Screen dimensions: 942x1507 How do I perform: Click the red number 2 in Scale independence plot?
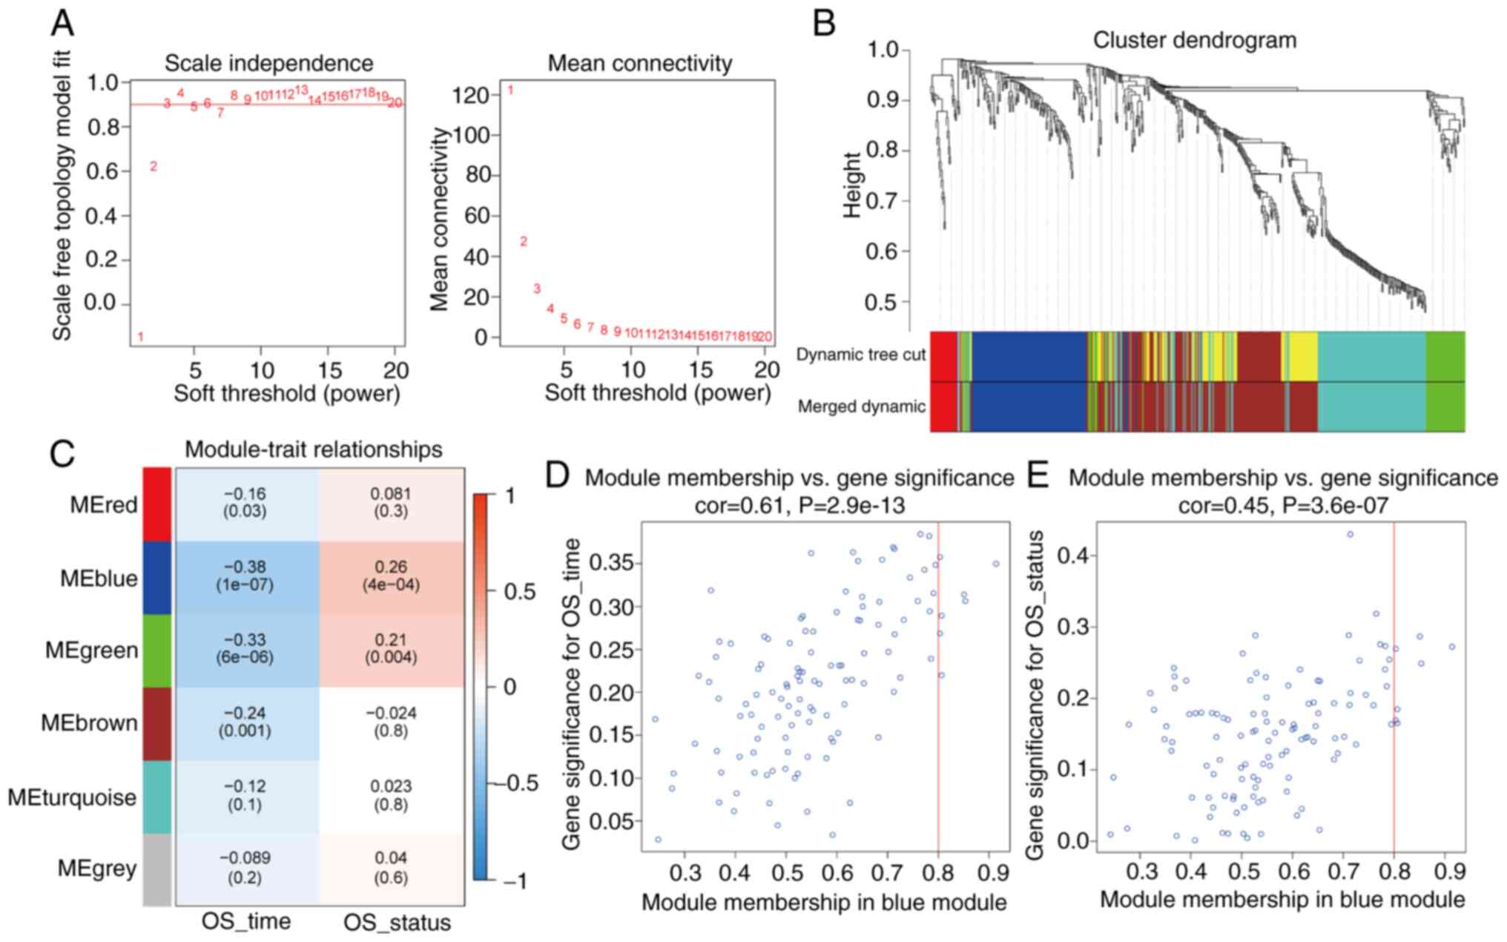[x=154, y=167]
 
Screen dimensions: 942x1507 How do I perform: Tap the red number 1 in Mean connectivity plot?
[x=510, y=90]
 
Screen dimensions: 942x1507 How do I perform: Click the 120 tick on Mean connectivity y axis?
[x=473, y=96]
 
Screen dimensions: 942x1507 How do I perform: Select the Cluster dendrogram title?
[x=1194, y=40]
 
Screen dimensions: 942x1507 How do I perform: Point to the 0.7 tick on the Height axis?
[x=882, y=200]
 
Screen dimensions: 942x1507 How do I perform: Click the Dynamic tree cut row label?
[x=860, y=355]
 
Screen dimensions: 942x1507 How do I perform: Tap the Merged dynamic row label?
[x=861, y=406]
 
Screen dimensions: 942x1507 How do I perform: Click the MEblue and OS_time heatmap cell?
[x=245, y=576]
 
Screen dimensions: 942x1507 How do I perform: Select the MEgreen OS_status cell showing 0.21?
[x=391, y=648]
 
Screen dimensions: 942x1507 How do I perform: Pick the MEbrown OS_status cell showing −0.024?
[x=391, y=722]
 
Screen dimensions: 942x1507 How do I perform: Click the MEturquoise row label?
[x=72, y=797]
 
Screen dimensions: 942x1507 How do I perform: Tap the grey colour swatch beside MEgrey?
[x=156, y=869]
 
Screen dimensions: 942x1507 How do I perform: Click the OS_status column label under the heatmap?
[x=397, y=922]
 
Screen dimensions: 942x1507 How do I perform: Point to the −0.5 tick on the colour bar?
[x=516, y=783]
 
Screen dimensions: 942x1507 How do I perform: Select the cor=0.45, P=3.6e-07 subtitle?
[x=1283, y=506]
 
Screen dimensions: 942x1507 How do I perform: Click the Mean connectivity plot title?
[x=639, y=64]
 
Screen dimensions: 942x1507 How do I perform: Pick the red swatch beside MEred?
[x=156, y=504]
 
